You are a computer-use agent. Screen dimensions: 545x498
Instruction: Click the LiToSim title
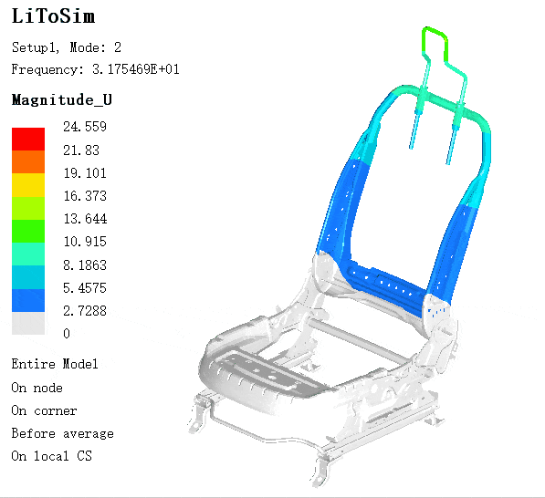coord(53,16)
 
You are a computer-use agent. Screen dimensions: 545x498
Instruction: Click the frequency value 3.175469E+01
coord(136,69)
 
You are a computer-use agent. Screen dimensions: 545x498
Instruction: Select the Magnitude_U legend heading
coord(62,100)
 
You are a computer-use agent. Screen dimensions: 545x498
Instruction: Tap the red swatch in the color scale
coord(28,139)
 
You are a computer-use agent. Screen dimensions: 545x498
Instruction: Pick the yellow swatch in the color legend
coord(28,185)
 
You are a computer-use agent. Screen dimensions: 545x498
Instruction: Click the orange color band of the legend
coord(28,162)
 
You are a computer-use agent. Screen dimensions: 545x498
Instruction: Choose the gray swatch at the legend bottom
coord(28,323)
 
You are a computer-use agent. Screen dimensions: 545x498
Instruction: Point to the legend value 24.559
coord(85,127)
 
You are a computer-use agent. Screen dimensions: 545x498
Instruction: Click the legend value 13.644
coord(85,219)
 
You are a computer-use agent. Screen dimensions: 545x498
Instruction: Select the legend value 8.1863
coord(85,265)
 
